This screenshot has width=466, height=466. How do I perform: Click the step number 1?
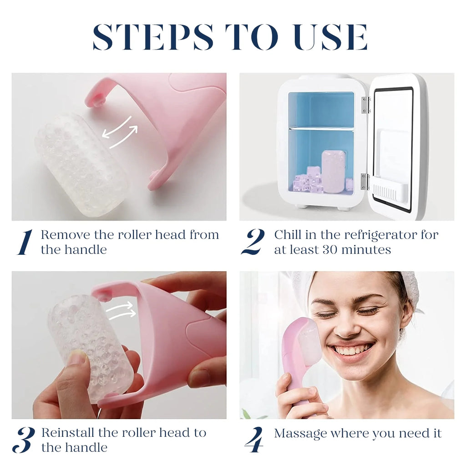coord(25,242)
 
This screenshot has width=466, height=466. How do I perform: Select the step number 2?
coord(253,242)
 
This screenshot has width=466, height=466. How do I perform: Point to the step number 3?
coord(24,440)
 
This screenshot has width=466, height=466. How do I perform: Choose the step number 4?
coord(253,440)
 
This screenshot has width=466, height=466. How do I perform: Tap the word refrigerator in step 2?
coord(382,235)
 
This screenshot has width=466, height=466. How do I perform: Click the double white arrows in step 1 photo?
coord(119,132)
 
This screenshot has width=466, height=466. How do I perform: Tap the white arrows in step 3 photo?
coord(121,310)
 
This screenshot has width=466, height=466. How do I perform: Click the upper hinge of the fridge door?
coord(365,105)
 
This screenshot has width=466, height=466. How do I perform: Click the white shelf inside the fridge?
coord(321,129)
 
